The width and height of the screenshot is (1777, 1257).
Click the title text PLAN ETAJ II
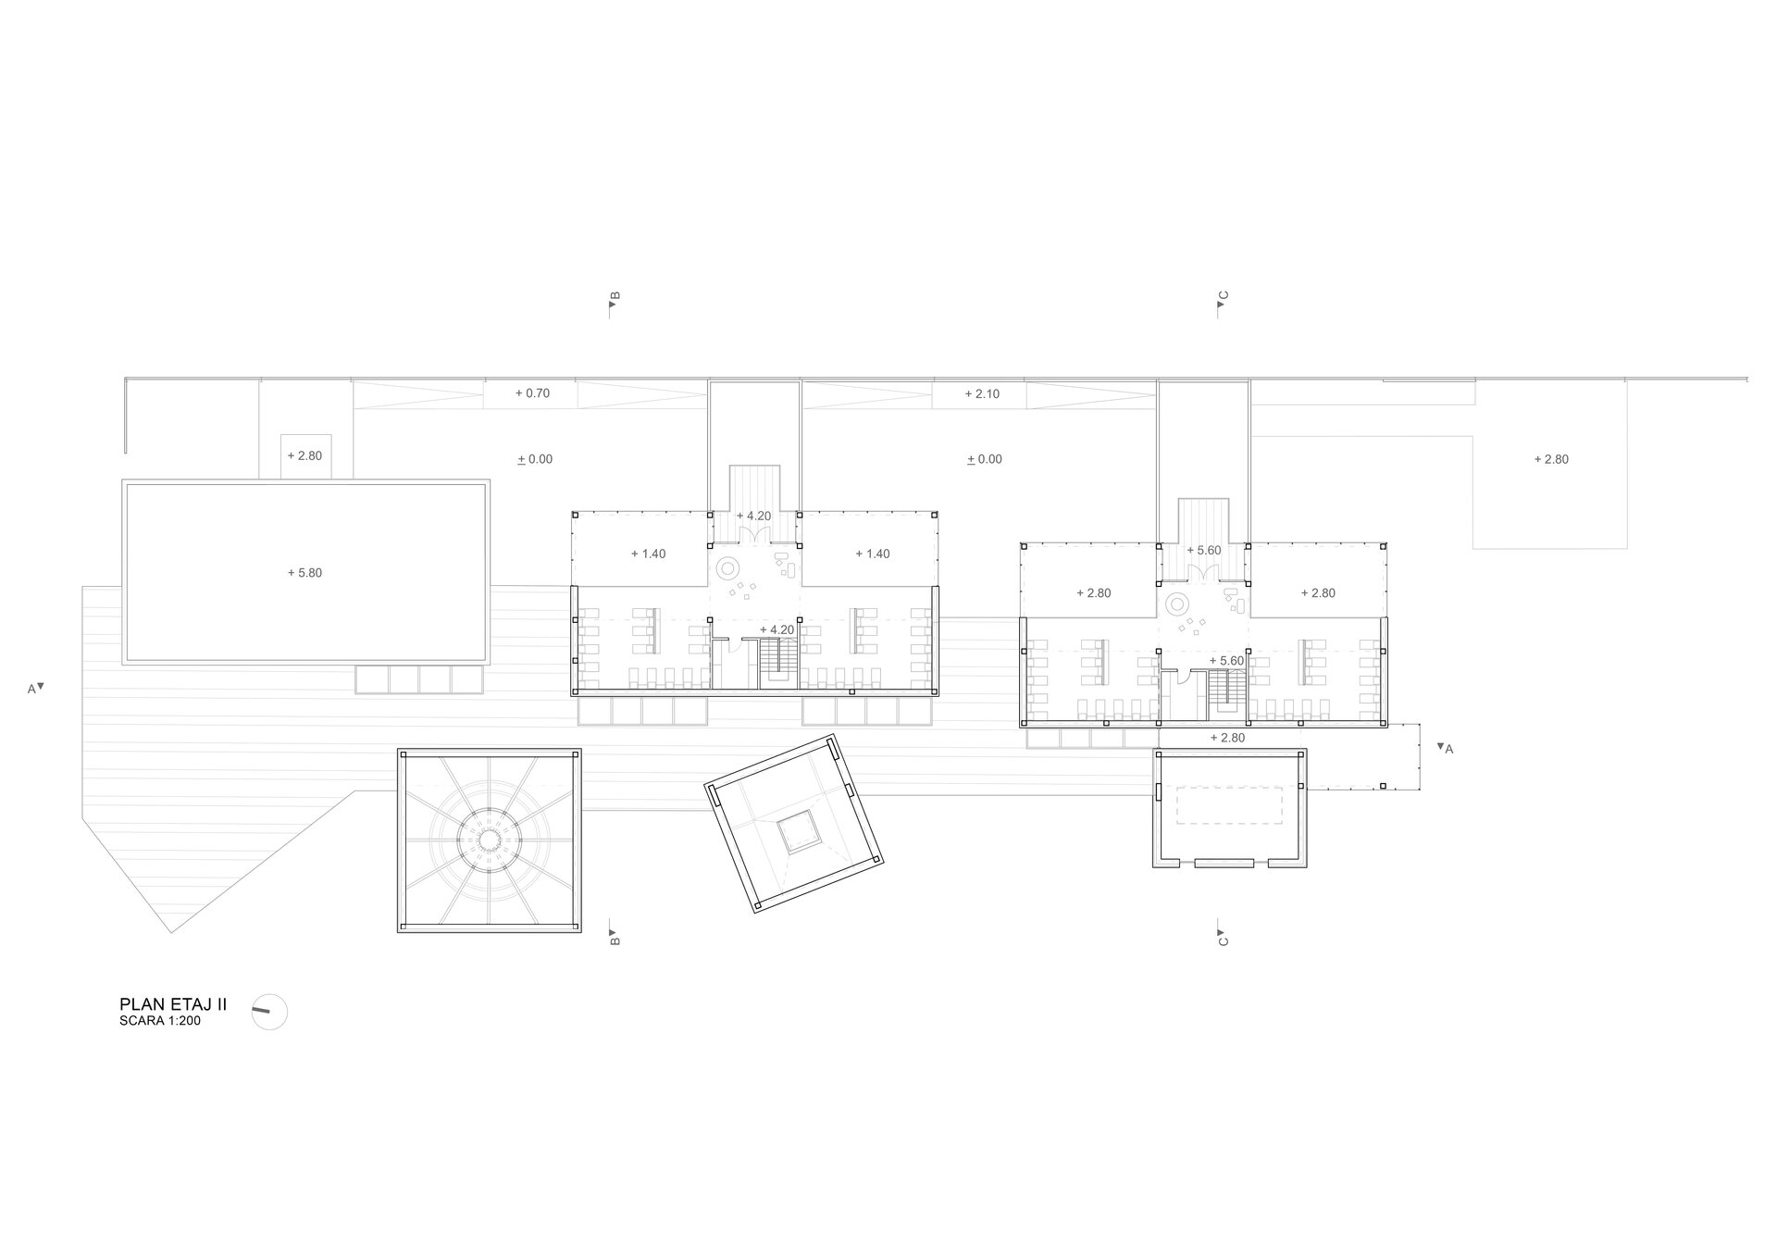173,1004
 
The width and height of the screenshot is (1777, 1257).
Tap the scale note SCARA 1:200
160,1021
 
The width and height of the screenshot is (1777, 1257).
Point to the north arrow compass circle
269,1012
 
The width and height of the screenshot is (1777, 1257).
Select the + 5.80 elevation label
304,573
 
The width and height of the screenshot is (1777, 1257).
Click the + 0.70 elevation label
532,393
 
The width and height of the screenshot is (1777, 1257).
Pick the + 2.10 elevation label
982,393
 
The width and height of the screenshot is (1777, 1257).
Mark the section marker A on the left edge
36,688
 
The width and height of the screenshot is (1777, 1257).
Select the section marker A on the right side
1445,748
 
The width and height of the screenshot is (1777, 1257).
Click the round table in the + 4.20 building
728,566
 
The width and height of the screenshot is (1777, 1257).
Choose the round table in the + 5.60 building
1178,605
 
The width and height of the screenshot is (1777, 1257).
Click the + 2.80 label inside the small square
304,455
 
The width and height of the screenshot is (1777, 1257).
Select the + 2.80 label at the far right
1551,459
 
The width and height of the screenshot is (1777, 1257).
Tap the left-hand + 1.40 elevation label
648,554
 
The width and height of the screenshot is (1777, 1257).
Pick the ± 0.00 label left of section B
534,459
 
